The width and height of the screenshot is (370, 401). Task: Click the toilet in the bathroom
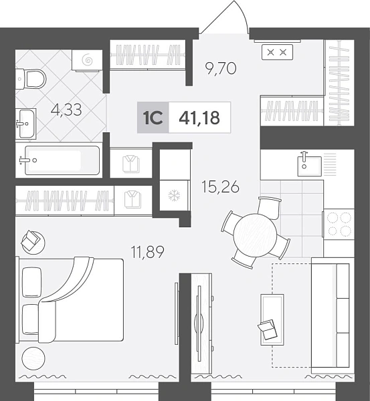(31, 79)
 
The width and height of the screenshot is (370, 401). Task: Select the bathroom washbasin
(25, 124)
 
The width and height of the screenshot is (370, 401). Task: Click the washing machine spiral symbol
(88, 60)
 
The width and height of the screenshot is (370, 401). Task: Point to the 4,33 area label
(66, 110)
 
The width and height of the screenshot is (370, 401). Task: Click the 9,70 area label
(221, 68)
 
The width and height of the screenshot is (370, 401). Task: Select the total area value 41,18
(199, 118)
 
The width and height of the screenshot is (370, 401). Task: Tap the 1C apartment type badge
(153, 118)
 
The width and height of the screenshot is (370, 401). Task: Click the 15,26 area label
(221, 186)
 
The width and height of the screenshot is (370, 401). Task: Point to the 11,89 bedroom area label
(147, 252)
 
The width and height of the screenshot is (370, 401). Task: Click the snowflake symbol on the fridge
(174, 196)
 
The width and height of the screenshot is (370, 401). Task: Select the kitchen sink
(309, 166)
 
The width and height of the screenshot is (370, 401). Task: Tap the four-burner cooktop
(339, 224)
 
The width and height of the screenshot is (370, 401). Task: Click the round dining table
(256, 235)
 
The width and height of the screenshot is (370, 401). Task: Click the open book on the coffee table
(268, 329)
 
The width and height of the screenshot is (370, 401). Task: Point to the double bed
(70, 299)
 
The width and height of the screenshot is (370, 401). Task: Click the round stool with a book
(33, 243)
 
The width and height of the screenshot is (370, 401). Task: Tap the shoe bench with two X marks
(277, 52)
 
